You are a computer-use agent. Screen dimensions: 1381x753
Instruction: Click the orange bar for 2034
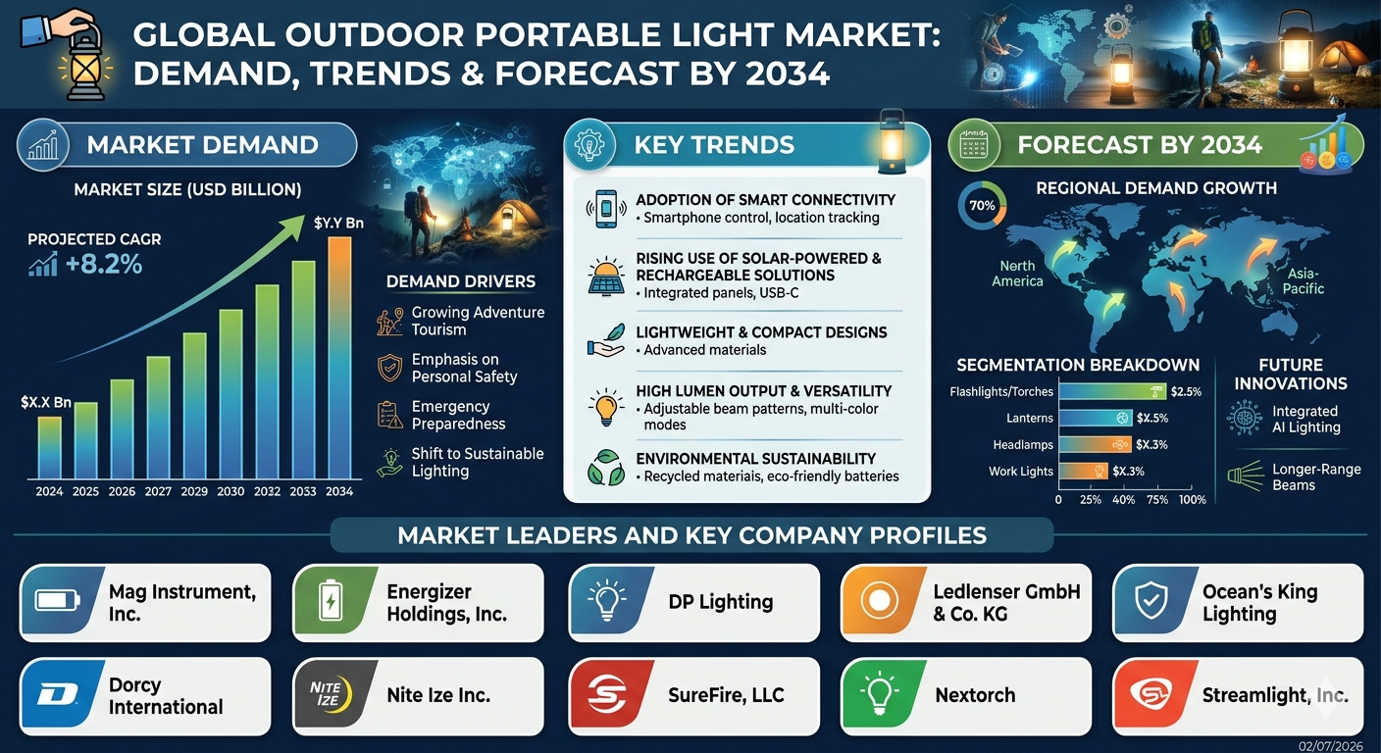(339, 358)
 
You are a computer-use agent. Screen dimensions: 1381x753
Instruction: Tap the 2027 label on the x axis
(158, 491)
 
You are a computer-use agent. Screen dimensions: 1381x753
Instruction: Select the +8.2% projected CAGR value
(104, 265)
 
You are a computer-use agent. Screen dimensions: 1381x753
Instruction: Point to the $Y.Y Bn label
(338, 223)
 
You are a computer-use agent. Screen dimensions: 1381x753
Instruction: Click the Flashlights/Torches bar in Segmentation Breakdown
(1113, 391)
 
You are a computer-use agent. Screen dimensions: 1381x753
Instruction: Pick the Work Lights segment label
(1021, 472)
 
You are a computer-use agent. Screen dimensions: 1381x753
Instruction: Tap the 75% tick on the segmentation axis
(1157, 500)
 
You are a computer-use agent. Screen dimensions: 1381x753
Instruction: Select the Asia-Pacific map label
(1303, 281)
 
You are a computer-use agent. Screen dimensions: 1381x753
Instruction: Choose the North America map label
(1017, 274)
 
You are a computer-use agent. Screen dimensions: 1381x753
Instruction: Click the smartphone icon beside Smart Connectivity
(606, 209)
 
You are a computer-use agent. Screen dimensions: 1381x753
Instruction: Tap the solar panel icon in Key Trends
(606, 276)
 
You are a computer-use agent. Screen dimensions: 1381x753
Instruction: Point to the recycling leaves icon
(605, 468)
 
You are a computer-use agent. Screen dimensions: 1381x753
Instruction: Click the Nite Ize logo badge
(332, 694)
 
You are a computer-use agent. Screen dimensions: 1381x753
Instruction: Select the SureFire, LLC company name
(726, 695)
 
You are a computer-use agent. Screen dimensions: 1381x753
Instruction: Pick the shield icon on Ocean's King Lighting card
(1151, 601)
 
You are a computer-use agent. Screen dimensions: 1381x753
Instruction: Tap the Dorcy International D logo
(57, 694)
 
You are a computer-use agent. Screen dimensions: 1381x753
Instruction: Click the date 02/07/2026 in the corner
(1330, 745)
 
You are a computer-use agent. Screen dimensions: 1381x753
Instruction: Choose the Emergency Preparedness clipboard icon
(389, 415)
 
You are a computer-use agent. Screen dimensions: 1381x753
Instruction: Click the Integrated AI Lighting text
(1305, 419)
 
